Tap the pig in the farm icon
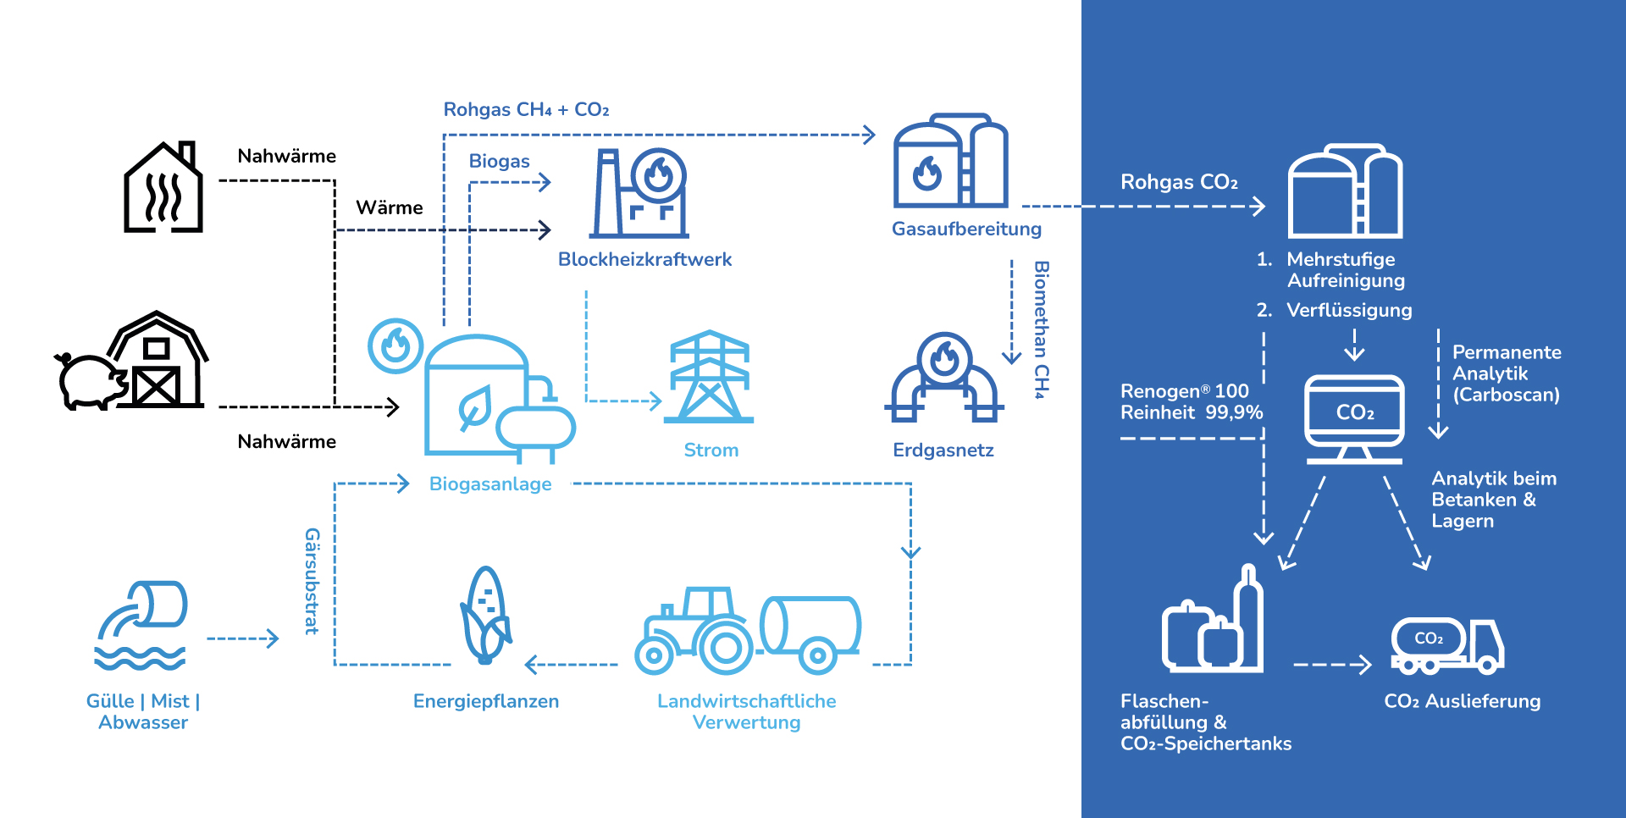[90, 381]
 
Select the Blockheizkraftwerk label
[644, 259]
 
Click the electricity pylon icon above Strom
[709, 377]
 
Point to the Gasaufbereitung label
[966, 229]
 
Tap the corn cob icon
[485, 615]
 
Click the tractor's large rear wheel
[725, 648]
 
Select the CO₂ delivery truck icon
[1447, 646]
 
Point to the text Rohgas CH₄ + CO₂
[526, 109]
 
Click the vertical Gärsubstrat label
[312, 581]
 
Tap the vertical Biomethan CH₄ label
[1041, 329]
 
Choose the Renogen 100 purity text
[1191, 401]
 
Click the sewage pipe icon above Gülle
[141, 625]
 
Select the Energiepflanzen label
[485, 701]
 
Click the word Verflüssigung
[1349, 310]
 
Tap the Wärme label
[389, 207]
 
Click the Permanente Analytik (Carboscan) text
[1507, 373]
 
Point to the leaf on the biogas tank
[474, 408]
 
